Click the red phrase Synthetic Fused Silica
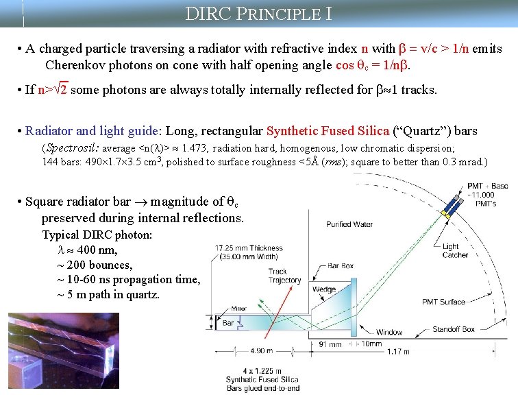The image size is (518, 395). (327, 130)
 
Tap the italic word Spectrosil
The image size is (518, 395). (69, 147)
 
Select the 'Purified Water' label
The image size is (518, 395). (349, 224)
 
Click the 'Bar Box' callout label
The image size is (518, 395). (340, 265)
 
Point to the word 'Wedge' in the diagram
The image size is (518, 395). (323, 289)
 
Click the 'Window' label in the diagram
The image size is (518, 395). (389, 333)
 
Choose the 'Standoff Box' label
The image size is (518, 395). (452, 329)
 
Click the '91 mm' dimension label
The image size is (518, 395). (330, 344)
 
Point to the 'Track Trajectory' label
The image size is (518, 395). (284, 276)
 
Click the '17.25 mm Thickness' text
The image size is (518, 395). (249, 248)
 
